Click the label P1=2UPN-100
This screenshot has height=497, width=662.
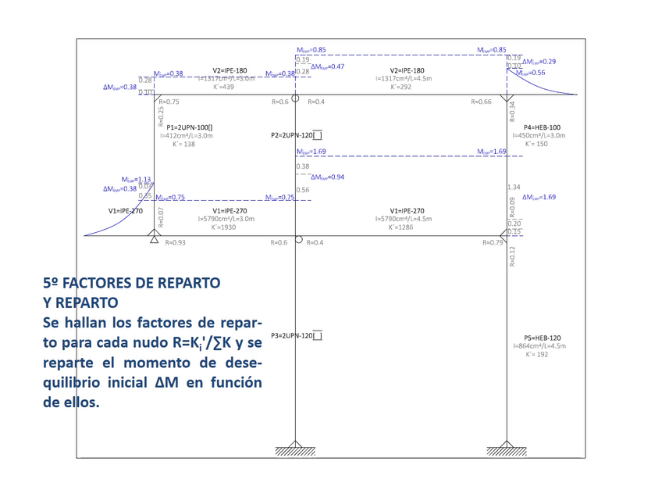tap(189, 127)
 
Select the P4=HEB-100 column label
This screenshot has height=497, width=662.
tap(542, 127)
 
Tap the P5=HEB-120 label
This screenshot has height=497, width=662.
tap(542, 337)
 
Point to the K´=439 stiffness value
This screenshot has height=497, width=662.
tap(225, 87)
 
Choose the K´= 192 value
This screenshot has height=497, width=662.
tap(539, 354)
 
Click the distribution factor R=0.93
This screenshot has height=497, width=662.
tap(176, 242)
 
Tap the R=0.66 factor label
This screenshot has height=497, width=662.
tap(481, 102)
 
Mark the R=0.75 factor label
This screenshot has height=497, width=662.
tap(169, 102)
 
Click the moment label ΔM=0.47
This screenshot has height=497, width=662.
tap(327, 67)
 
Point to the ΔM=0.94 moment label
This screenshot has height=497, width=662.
tap(327, 177)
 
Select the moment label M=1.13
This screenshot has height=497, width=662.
tap(136, 180)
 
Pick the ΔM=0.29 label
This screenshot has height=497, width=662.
tap(539, 61)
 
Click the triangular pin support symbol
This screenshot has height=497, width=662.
tap(155, 238)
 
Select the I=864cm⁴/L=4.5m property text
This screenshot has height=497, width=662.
tap(539, 345)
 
